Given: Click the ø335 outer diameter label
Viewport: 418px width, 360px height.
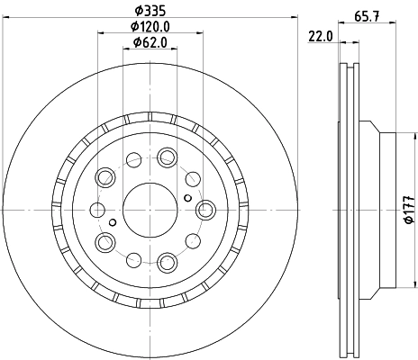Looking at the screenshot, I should [149, 11].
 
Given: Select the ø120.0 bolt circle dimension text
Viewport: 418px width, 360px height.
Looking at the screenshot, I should [149, 27].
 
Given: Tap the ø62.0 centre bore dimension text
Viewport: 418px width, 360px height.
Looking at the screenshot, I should [149, 42].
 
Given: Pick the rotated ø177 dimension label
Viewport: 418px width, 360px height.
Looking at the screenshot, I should [407, 208].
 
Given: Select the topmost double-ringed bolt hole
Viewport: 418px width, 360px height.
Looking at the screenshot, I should [167, 157].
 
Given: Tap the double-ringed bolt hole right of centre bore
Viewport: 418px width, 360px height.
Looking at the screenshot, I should [204, 210].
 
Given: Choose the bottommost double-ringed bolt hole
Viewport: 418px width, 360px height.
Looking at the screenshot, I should [167, 262].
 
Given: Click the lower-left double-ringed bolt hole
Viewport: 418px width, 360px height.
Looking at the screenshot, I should [105, 241].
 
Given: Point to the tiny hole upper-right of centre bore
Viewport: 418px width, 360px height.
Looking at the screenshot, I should [186, 198].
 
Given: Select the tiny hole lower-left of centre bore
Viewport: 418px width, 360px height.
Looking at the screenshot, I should [112, 221].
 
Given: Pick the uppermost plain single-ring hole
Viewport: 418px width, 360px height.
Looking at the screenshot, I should [133, 161].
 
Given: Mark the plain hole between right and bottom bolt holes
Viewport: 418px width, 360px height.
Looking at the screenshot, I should [192, 241].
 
